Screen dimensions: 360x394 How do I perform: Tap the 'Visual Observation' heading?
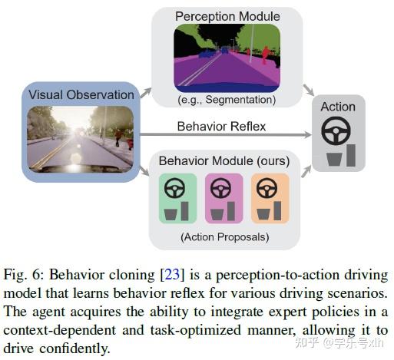coord(81,94)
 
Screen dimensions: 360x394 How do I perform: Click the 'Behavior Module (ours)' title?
coord(223,161)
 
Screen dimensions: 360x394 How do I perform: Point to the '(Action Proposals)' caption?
coord(223,237)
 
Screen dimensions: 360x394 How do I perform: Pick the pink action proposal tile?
coord(223,198)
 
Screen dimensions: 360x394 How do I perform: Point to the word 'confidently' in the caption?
coord(77,348)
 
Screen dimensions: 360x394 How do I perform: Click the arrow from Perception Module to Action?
coord(306,90)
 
